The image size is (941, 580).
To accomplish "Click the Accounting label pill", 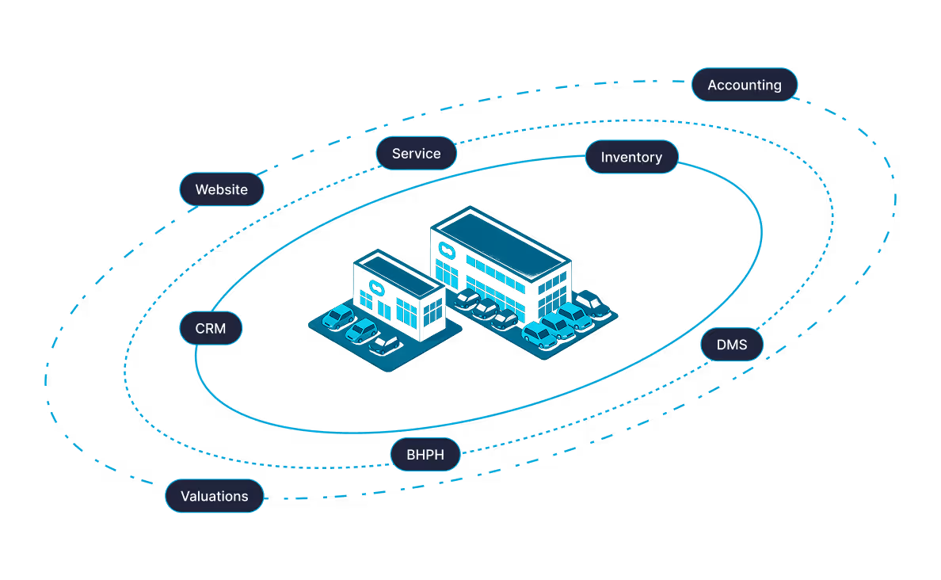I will pyautogui.click(x=745, y=85).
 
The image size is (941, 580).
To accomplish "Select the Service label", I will pyautogui.click(x=416, y=154).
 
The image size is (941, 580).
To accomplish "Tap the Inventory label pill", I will pyautogui.click(x=631, y=157).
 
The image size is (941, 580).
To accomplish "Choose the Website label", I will pyautogui.click(x=221, y=189).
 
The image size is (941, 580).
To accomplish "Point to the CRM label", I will pyautogui.click(x=211, y=328).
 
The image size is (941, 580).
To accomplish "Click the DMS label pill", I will pyautogui.click(x=732, y=345).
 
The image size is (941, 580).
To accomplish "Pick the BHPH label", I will pyautogui.click(x=425, y=455).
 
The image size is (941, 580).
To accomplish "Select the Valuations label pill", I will pyautogui.click(x=214, y=496).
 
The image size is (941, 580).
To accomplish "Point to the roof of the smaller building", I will pyautogui.click(x=398, y=270).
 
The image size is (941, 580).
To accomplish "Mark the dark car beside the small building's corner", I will pyautogui.click(x=383, y=345).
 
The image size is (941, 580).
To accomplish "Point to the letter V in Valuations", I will pyautogui.click(x=185, y=496).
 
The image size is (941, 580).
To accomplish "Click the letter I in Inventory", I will pyautogui.click(x=604, y=157).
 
